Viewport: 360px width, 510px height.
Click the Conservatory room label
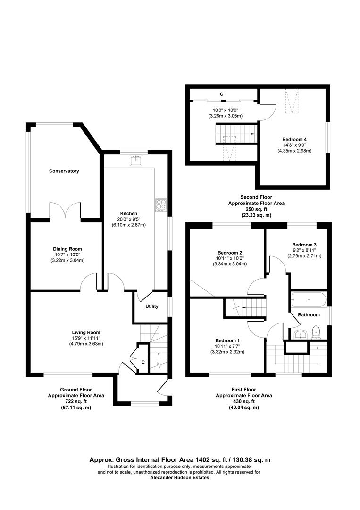(x=64, y=171)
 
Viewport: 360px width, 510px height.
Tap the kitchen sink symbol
(x=136, y=161)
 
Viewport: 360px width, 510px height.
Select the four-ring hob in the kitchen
(x=161, y=204)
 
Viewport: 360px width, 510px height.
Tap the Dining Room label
(x=67, y=249)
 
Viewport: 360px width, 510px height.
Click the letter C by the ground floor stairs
(x=143, y=362)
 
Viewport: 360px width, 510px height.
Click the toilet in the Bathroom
(x=316, y=332)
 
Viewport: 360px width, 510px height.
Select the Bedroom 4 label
(x=294, y=140)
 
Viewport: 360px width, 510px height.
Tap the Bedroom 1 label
(x=227, y=340)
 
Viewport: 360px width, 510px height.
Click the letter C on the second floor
(x=222, y=94)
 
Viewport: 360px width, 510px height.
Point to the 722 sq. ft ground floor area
(x=76, y=401)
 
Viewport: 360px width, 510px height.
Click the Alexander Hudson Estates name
(x=180, y=478)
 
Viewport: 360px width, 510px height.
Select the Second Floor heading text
(x=256, y=197)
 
